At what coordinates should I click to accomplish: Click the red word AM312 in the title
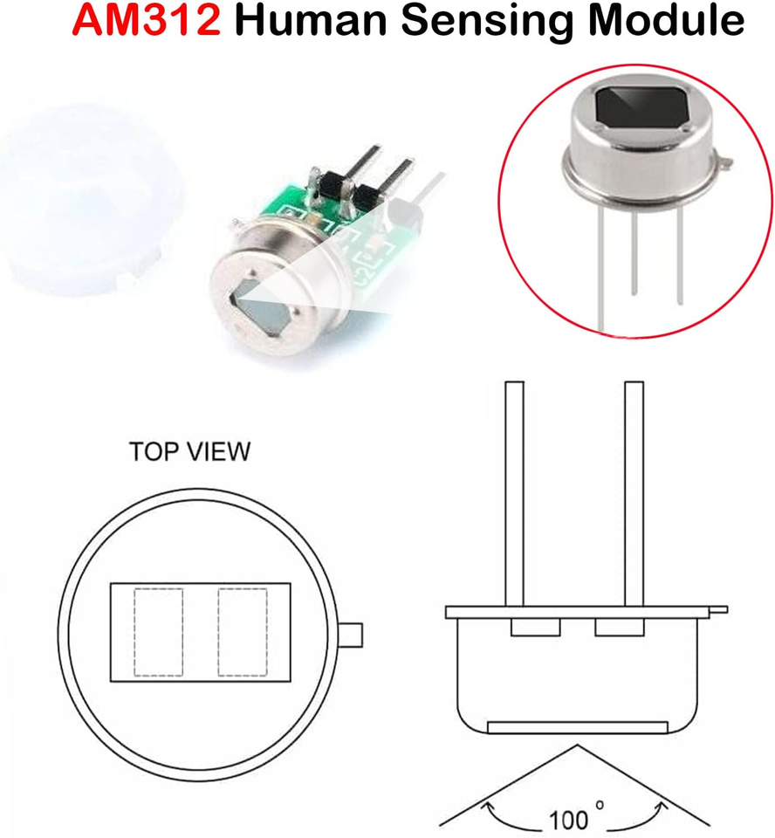[x=146, y=20]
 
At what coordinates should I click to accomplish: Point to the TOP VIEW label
[x=189, y=452]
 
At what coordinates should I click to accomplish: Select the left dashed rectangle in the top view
[x=158, y=632]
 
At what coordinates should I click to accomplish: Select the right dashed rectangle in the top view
[x=243, y=632]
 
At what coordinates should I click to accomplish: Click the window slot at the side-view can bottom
[x=577, y=727]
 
